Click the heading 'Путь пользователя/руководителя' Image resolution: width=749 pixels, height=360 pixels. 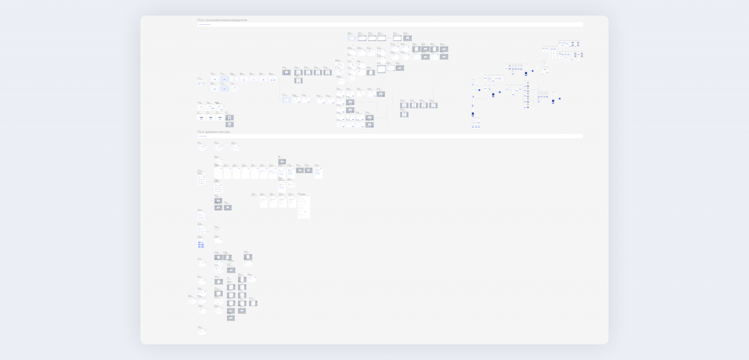(x=222, y=20)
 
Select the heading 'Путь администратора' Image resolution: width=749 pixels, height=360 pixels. (x=214, y=132)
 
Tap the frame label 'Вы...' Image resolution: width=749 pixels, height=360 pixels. (x=272, y=74)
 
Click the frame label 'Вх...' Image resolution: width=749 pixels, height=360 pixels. (x=214, y=84)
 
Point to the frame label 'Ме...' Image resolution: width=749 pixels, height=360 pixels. (x=338, y=61)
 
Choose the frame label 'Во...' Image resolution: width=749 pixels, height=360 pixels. (x=350, y=55)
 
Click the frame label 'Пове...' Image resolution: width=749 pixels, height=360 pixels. (x=302, y=194)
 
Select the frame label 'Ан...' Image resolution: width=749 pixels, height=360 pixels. (x=200, y=210)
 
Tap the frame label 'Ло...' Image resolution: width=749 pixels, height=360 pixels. (x=200, y=328)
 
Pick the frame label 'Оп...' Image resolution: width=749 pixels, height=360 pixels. (x=317, y=166)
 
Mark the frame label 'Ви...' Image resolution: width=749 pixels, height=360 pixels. (x=217, y=157)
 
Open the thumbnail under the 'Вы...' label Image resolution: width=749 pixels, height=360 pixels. (x=273, y=79)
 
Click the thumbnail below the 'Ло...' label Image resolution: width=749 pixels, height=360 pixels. (x=202, y=333)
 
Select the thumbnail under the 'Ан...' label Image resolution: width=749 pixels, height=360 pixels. (x=202, y=216)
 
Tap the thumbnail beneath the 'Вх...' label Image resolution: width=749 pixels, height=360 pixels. (x=215, y=89)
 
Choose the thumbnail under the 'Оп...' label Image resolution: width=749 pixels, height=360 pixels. (x=319, y=173)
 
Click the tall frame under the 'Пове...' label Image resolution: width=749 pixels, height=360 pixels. (x=304, y=208)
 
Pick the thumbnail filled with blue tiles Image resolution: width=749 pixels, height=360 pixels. (x=201, y=244)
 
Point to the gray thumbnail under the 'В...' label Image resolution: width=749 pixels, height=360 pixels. (x=282, y=162)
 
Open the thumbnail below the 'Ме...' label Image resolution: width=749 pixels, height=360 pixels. (x=339, y=65)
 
